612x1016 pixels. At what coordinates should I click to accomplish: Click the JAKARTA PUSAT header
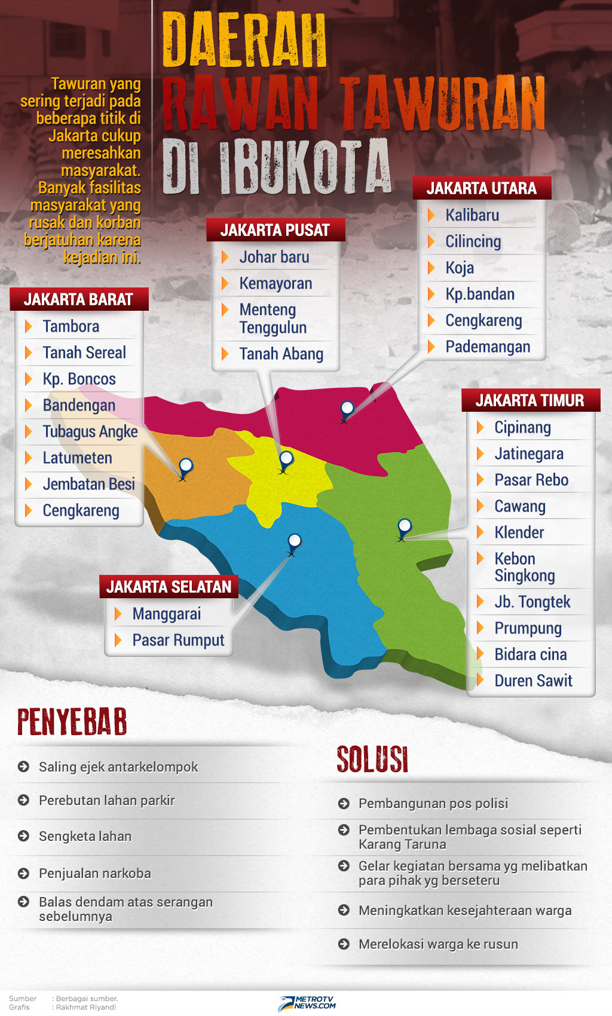275,230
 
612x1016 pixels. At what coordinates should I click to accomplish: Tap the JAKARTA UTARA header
482,188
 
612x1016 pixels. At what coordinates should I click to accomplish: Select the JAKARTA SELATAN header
169,587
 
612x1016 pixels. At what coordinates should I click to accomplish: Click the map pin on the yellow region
286,459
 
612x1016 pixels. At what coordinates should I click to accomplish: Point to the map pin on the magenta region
347,409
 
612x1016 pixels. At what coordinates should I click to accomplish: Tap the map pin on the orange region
186,466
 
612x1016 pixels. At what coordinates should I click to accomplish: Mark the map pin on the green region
405,527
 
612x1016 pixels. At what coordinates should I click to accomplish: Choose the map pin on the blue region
294,541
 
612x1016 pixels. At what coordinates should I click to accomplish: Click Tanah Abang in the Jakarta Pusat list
281,354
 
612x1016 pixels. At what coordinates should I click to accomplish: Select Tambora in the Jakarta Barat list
71,326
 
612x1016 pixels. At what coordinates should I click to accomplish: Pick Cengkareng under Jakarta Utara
484,320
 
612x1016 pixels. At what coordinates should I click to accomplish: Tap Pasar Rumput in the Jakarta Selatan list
178,640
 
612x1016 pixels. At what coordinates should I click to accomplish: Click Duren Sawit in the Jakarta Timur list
533,681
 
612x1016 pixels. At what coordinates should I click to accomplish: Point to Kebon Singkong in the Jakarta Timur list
524,567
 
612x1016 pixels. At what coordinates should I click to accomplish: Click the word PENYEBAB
72,722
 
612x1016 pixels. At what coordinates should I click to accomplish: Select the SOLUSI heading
372,760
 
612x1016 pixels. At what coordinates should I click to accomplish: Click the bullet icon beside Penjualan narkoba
24,874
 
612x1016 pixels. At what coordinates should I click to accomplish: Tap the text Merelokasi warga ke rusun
438,944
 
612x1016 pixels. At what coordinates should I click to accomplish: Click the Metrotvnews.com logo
307,1002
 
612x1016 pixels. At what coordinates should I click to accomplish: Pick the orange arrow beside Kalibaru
432,215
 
